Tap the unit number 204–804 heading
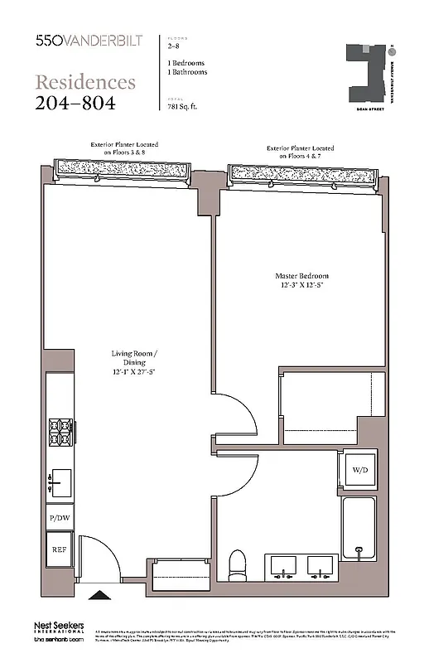tap(75, 103)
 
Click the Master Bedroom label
tap(301, 281)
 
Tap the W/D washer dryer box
tap(360, 470)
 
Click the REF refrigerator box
tap(59, 549)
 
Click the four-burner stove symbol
tap(60, 433)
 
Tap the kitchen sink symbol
tap(60, 480)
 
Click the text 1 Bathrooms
tap(187, 72)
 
